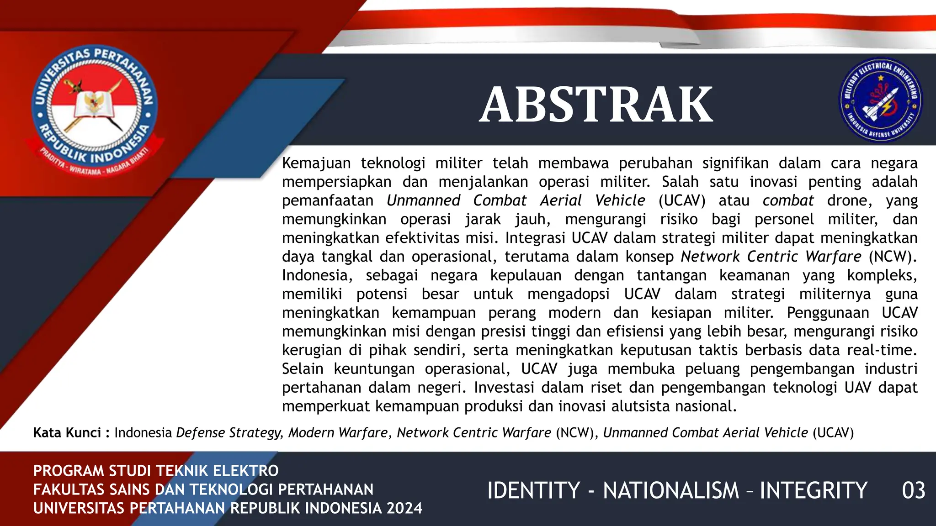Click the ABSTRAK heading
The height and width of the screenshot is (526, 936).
tap(596, 105)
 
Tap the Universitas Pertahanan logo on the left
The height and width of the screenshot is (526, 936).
tap(95, 110)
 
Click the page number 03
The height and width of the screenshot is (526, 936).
tap(913, 491)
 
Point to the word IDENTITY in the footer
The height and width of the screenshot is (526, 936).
tap(533, 491)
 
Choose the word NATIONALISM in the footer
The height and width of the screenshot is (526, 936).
tap(671, 491)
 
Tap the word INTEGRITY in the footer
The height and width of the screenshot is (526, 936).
tap(814, 491)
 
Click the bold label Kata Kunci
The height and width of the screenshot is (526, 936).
tap(67, 432)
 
